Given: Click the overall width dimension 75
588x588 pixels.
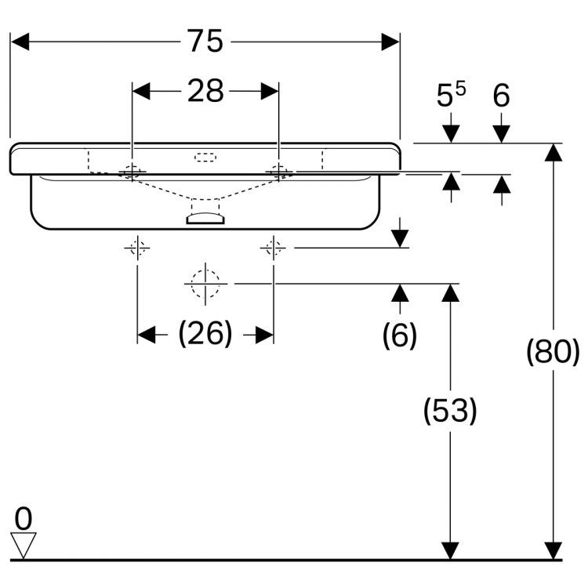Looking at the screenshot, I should [x=205, y=41].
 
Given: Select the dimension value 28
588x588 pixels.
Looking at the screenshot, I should [x=205, y=91].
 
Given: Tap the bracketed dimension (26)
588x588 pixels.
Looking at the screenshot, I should [x=205, y=335].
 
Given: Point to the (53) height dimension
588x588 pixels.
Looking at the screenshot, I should [x=450, y=411].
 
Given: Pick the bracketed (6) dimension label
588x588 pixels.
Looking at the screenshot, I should [x=400, y=336].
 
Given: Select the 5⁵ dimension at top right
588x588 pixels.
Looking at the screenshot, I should [x=450, y=96].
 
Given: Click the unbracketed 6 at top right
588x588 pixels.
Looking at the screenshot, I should [x=502, y=96].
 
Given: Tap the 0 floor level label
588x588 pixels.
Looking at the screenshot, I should [x=24, y=518].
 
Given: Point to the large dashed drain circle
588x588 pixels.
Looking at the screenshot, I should [x=205, y=283].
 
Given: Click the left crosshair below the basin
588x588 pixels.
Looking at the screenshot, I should [x=137, y=249].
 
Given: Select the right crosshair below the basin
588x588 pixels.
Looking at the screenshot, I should [x=273, y=249].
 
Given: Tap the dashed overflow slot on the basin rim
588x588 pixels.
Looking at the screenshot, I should [x=205, y=157].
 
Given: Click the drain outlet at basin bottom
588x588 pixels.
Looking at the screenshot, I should [x=205, y=218].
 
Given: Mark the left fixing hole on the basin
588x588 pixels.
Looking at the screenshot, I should [x=132, y=171].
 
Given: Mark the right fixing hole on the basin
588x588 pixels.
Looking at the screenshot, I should [x=278, y=170].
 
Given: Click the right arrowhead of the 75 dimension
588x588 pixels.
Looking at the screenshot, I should [x=390, y=42].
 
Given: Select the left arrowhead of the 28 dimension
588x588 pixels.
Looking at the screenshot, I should [x=141, y=91].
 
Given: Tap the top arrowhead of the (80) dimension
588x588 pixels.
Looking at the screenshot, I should [x=553, y=151].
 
